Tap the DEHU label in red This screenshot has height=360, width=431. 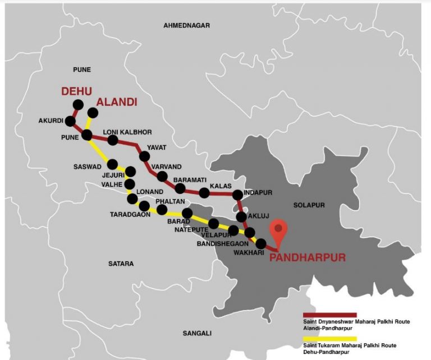[x=77, y=91]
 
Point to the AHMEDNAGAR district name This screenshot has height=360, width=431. [x=186, y=26]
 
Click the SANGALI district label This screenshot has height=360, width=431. [x=198, y=333]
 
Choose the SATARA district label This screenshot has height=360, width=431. [x=121, y=263]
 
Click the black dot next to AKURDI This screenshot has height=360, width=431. [x=71, y=121]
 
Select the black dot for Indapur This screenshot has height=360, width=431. [x=237, y=195]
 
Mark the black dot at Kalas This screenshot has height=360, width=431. [x=204, y=193]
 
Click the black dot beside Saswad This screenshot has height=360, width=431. [x=112, y=164]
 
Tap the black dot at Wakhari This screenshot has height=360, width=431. [x=260, y=243]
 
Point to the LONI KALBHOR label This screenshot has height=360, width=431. [x=127, y=132]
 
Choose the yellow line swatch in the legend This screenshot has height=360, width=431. [x=329, y=339]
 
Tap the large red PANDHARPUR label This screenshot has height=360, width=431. [x=307, y=258]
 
